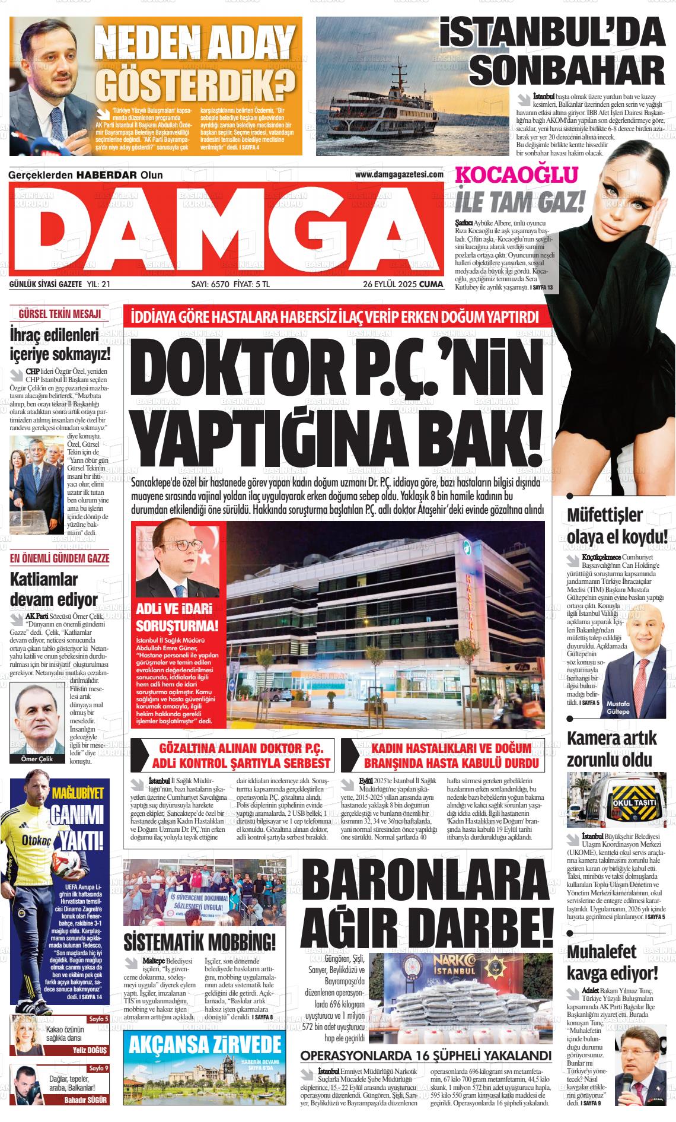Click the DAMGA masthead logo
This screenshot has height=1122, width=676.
[x=226, y=229]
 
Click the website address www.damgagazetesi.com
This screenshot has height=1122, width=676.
[x=399, y=174]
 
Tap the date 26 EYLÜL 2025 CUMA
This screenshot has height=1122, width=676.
[x=403, y=284]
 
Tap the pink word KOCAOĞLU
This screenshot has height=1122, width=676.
[x=516, y=175]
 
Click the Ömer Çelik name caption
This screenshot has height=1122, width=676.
[x=37, y=758]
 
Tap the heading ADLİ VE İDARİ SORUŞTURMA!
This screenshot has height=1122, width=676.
[x=177, y=618]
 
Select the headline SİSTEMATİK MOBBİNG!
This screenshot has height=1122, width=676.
[x=200, y=942]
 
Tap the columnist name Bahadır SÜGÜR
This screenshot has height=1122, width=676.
[x=86, y=1099]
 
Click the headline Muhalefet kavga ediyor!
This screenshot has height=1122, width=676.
[x=613, y=962]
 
